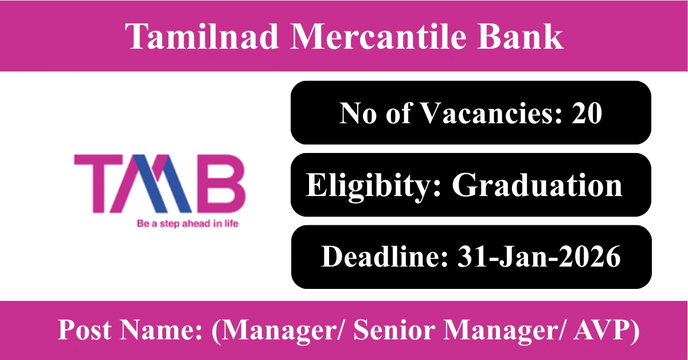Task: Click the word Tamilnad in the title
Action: pyautogui.click(x=202, y=36)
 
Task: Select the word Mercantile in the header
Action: pyautogui.click(x=377, y=36)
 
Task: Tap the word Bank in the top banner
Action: pyautogui.click(x=520, y=36)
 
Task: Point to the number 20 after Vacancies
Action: pyautogui.click(x=587, y=113)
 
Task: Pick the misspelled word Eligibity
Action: pyautogui.click(x=373, y=185)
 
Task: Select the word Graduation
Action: pyautogui.click(x=537, y=185)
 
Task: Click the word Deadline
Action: pyautogui.click(x=385, y=257)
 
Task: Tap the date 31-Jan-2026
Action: pyautogui.click(x=539, y=257)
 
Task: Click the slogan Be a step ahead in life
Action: pyautogui.click(x=187, y=224)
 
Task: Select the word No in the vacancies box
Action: pyautogui.click(x=358, y=113)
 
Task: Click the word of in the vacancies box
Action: pyautogui.click(x=398, y=113)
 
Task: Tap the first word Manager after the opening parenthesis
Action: pyautogui.click(x=279, y=330)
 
